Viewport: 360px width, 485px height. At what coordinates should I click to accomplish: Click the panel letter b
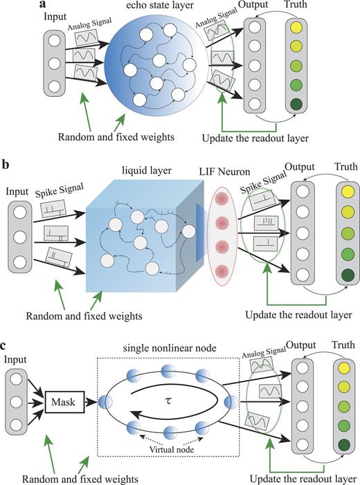[6, 165]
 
